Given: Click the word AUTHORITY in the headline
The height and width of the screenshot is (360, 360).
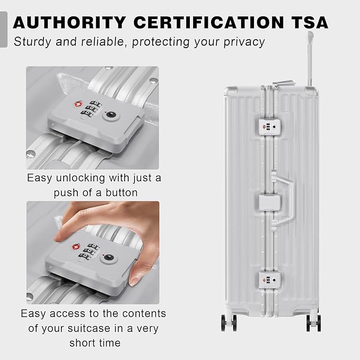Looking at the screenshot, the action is (69, 22).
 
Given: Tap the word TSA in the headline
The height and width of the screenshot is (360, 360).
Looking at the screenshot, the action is (310, 22).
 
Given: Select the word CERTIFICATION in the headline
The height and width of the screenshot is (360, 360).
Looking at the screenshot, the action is (208, 22).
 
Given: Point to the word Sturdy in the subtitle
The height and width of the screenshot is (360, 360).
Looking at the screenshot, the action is (32, 42).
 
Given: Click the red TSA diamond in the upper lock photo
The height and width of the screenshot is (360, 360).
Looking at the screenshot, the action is (78, 104).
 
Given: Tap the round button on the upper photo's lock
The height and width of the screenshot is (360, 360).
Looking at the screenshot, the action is (111, 116).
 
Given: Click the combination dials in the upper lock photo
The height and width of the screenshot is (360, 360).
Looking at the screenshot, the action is (91, 108).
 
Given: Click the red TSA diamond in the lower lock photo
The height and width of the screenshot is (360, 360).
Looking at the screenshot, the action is (76, 247).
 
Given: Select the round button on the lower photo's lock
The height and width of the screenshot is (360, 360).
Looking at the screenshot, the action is (108, 257).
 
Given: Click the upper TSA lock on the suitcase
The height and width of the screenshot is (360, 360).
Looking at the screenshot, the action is (270, 127).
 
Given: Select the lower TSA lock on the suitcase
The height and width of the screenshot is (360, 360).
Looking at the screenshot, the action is (270, 280).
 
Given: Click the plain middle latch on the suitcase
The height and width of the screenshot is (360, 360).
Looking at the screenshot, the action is (270, 203).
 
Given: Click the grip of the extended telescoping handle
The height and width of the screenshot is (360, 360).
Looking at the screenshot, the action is (311, 37).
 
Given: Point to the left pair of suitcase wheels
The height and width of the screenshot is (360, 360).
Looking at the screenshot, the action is (229, 323).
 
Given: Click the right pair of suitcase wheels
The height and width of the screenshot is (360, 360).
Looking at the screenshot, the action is (313, 323).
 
